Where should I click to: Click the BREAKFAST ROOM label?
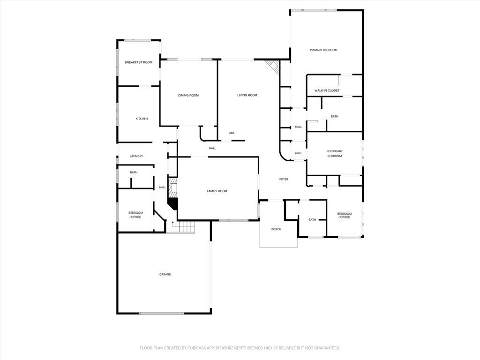tap(138, 62)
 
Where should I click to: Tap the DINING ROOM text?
tap(188, 95)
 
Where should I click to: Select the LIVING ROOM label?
tap(247, 95)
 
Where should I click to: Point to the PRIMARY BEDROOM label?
tap(323, 50)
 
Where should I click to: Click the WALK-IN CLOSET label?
tap(327, 90)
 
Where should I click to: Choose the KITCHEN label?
tap(142, 119)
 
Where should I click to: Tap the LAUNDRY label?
tap(136, 156)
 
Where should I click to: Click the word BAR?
tap(231, 133)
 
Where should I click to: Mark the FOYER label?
tap(284, 179)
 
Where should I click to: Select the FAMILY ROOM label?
tap(217, 191)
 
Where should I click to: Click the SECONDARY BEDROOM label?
tap(334, 153)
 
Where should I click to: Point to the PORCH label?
tap(276, 229)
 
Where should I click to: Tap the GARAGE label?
tap(165, 274)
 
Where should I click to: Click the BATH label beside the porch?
tap(312, 219)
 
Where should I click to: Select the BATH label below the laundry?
tap(134, 172)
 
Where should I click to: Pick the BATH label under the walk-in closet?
tap(334, 116)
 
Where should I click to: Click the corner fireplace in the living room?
tap(272, 66)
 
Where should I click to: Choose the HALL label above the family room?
tap(212, 148)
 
